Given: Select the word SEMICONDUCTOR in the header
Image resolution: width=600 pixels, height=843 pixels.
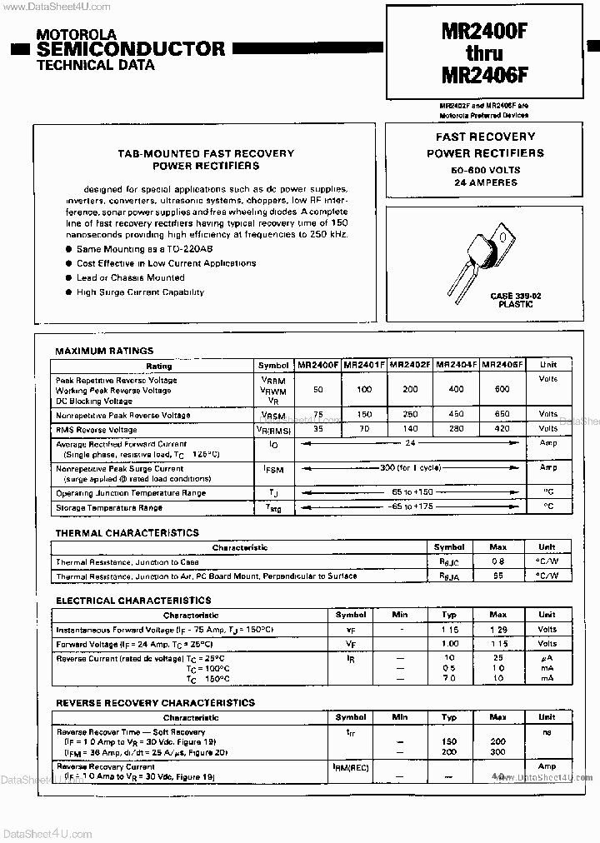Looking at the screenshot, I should [x=132, y=49].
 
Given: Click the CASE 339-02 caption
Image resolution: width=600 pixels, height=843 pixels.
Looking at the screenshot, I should [x=516, y=297].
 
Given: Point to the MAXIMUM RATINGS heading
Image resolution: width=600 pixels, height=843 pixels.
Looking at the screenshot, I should [x=104, y=352].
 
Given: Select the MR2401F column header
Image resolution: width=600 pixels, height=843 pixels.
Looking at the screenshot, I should [x=364, y=365].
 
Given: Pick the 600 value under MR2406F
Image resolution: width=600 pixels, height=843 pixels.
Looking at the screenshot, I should [x=502, y=390].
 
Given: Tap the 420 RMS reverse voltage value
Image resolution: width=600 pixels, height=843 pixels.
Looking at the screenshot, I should [x=502, y=430].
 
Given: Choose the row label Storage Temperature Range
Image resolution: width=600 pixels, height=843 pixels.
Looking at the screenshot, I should [x=109, y=507].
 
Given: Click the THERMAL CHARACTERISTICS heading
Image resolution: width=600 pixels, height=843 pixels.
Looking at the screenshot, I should [x=127, y=533].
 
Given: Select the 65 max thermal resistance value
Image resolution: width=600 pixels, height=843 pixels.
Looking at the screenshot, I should [x=498, y=576].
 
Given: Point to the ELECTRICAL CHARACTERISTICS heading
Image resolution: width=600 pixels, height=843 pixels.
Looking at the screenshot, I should [x=133, y=601].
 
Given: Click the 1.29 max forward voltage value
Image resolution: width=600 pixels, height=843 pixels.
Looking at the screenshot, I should [x=498, y=630].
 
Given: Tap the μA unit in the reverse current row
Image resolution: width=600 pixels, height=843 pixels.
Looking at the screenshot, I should [x=547, y=659].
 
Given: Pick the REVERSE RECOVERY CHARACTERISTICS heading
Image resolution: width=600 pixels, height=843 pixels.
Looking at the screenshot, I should [x=155, y=703].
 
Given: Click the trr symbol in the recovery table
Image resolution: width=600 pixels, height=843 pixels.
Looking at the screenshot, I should [x=350, y=733].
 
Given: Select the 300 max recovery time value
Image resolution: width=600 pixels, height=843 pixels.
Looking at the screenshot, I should [x=498, y=752].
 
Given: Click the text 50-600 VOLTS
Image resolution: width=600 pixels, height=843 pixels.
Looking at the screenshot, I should [x=485, y=170].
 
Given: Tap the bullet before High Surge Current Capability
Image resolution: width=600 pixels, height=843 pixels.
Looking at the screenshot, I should [x=68, y=293].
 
